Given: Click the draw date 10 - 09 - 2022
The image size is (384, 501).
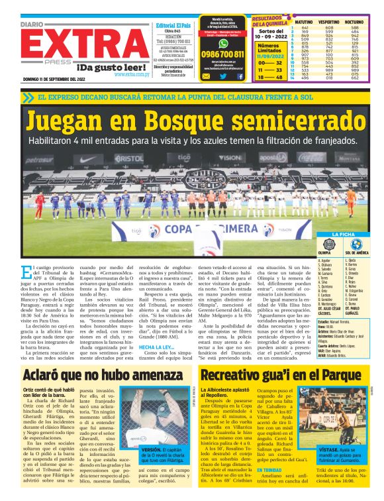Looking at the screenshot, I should [271, 36].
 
